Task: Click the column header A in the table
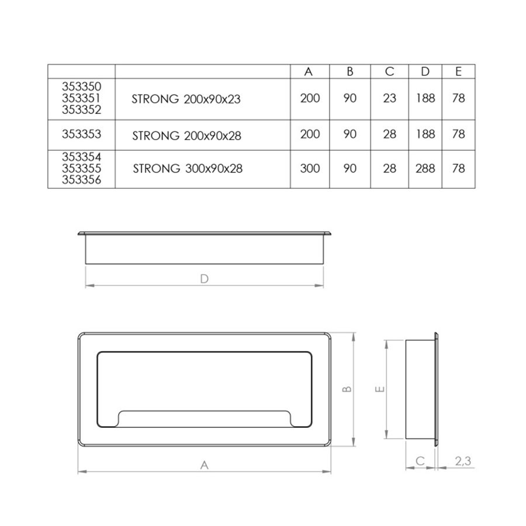click(x=308, y=71)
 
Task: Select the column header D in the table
click(x=425, y=71)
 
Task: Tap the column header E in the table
click(x=458, y=71)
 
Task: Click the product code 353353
click(x=81, y=134)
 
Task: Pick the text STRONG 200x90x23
click(x=186, y=99)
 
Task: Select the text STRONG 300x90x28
click(x=188, y=168)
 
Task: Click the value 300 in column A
click(x=310, y=168)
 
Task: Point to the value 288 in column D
click(x=425, y=168)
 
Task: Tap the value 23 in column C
click(x=389, y=98)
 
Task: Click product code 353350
click(x=81, y=87)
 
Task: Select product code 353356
click(x=81, y=180)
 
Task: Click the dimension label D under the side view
click(x=205, y=279)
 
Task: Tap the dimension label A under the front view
click(x=205, y=465)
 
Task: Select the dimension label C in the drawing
click(x=420, y=461)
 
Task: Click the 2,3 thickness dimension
click(x=463, y=461)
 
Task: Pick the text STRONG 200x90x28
click(x=186, y=136)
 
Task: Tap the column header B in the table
click(x=350, y=71)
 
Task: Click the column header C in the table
click(x=389, y=71)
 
